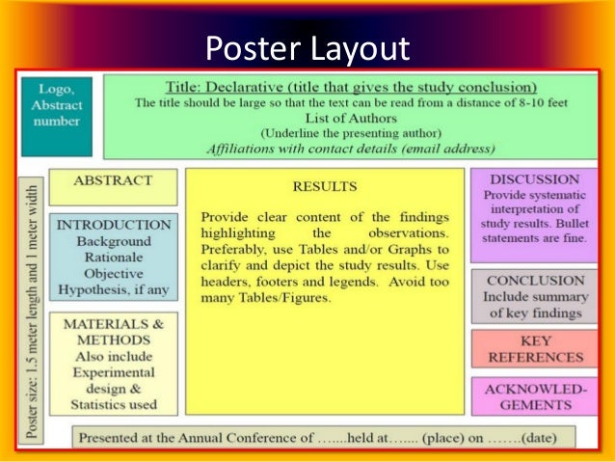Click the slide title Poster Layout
point(308,47)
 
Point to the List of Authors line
point(350,117)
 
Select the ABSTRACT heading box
point(113,180)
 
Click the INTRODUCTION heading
point(113,224)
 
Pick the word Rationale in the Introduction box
point(113,257)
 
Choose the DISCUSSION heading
point(534,179)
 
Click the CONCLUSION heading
point(534,280)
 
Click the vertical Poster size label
point(32,310)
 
